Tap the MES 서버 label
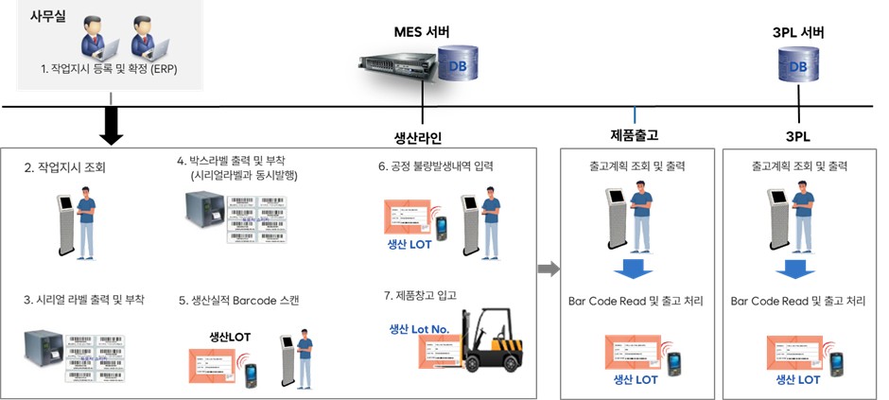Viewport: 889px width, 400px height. (421, 32)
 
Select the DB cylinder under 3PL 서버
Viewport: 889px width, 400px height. (798, 67)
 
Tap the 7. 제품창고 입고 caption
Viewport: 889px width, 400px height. (422, 295)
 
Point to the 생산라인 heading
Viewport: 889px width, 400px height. (418, 134)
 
